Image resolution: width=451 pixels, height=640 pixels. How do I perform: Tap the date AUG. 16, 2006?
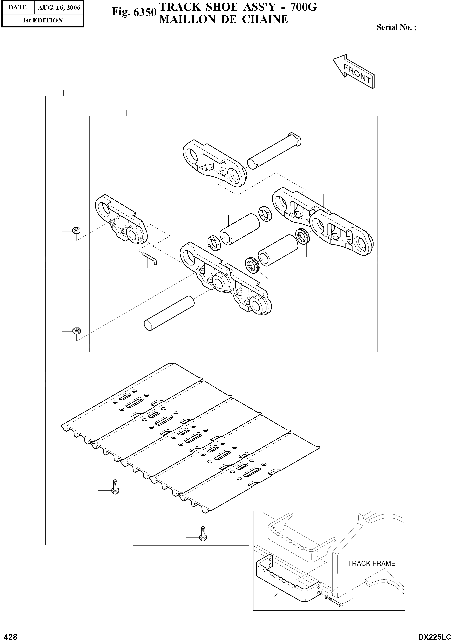click(59, 8)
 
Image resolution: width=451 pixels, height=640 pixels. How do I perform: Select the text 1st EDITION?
click(42, 20)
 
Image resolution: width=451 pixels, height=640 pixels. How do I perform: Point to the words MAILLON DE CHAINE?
click(223, 19)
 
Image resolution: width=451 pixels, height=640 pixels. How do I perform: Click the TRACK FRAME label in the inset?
click(371, 563)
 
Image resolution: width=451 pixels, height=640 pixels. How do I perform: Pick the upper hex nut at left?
click(76, 231)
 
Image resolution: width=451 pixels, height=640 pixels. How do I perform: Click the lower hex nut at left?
click(76, 331)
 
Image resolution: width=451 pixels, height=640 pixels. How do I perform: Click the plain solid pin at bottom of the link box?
click(169, 314)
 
